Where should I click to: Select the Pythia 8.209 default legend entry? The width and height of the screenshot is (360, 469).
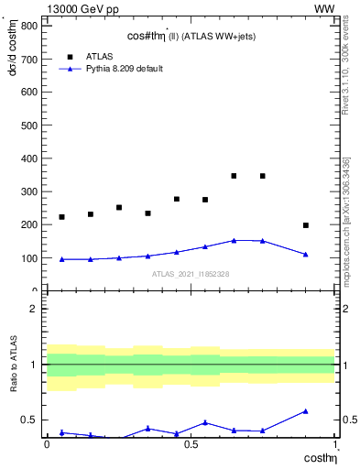[125, 69]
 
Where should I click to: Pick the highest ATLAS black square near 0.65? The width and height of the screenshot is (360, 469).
[234, 176]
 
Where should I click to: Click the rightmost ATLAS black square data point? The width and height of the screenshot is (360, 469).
[306, 225]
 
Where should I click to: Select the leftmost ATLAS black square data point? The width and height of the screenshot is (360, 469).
[61, 217]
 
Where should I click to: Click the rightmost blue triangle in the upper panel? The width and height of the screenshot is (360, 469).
[306, 255]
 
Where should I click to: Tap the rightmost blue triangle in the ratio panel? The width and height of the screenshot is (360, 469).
[306, 411]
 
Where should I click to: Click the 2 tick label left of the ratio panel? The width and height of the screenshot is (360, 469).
[32, 309]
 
